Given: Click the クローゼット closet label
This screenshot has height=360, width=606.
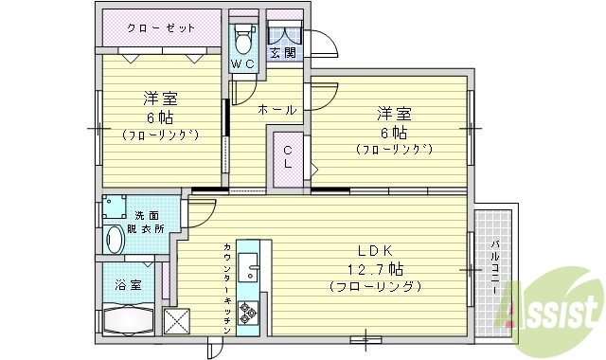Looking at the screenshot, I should point(162,27).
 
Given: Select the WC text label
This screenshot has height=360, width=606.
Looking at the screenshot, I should point(242,64).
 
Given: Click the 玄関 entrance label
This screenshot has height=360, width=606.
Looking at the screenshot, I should point(282,52).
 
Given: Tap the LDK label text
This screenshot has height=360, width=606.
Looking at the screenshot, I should point(376,250).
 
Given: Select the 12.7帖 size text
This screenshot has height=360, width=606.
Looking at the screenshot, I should point(376,268).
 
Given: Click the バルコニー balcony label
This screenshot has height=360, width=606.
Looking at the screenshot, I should point(495,271).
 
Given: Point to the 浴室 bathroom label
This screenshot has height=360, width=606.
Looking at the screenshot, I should point(130,284).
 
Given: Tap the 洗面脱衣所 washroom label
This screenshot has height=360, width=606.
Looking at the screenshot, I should point(148,222).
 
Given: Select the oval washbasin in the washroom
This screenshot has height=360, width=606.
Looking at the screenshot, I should point(116,239).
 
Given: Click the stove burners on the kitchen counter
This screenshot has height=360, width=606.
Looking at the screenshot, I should point(249,310).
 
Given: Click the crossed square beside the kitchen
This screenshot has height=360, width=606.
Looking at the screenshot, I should point(177,320).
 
